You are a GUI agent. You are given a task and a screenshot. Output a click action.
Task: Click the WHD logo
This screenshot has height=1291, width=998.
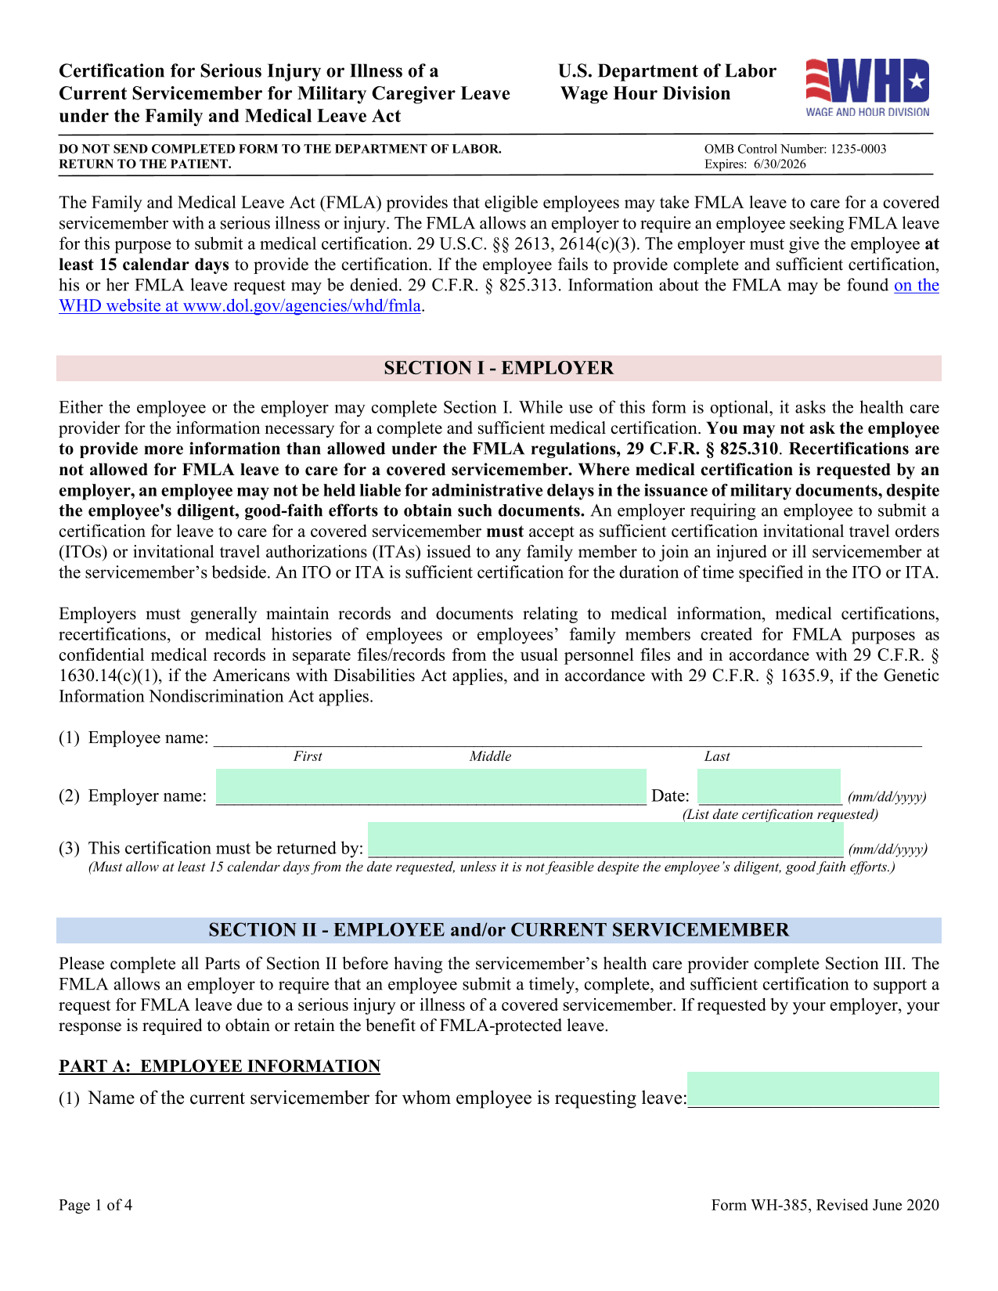click(x=867, y=87)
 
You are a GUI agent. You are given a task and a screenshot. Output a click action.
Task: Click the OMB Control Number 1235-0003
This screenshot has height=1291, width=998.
click(x=794, y=149)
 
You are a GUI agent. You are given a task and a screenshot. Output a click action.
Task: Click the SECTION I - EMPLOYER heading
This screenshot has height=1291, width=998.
click(x=499, y=368)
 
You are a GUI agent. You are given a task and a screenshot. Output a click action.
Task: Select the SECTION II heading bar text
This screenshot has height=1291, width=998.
click(x=499, y=930)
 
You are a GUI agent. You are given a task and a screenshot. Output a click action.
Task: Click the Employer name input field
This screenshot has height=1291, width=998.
click(x=431, y=788)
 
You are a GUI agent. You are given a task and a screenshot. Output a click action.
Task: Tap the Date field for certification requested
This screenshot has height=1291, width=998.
click(x=769, y=788)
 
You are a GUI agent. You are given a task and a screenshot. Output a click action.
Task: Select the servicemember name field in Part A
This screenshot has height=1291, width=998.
click(x=812, y=1089)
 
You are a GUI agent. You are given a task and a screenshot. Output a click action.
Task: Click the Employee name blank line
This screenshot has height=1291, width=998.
click(x=567, y=738)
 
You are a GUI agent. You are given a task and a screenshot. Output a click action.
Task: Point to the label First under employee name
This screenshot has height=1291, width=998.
click(x=308, y=756)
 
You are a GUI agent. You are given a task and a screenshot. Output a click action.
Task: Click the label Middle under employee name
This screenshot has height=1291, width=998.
click(x=490, y=756)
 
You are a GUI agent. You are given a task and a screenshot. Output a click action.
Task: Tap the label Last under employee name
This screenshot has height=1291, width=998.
click(x=716, y=756)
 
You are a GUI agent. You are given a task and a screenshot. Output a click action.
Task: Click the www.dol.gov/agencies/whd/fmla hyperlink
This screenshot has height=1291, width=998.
click(x=301, y=306)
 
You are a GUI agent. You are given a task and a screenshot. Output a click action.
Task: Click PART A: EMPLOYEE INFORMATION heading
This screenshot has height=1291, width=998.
click(x=219, y=1066)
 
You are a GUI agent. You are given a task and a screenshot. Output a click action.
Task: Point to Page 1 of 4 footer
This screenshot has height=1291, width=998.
click(x=95, y=1205)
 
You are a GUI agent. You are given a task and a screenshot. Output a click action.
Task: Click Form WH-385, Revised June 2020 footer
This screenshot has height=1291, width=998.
click(x=824, y=1205)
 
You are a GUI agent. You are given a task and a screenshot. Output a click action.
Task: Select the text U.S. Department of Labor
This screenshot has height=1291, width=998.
click(x=667, y=71)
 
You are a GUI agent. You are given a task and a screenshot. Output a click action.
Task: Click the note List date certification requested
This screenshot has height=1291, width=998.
click(x=780, y=814)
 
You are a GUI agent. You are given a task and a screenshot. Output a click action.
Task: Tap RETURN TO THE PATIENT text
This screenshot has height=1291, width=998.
click(x=145, y=164)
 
